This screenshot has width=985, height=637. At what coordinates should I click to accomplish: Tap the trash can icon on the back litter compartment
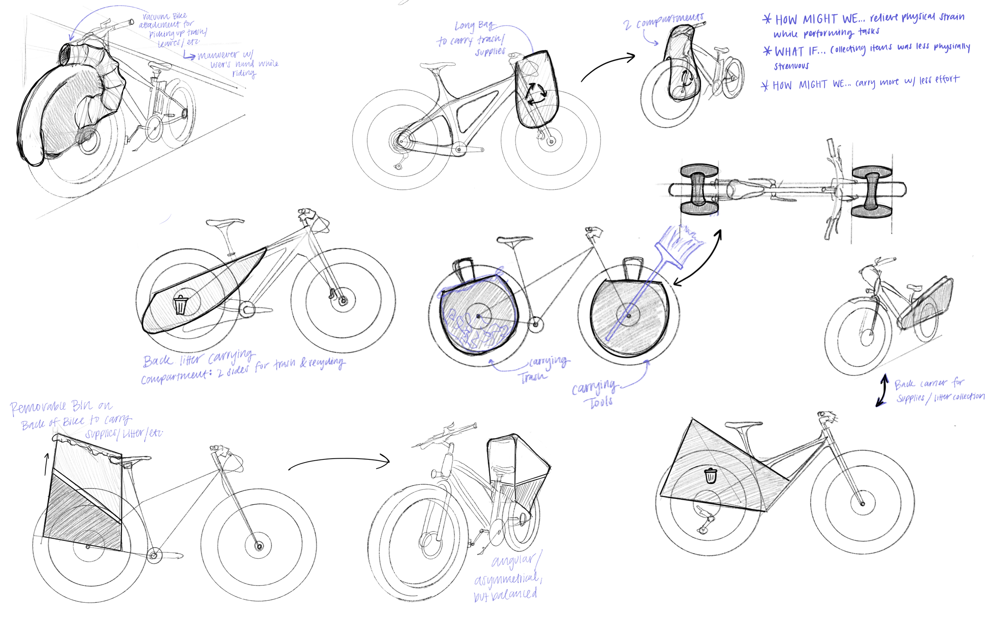click(x=180, y=305)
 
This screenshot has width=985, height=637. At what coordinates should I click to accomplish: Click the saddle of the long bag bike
click(x=437, y=66)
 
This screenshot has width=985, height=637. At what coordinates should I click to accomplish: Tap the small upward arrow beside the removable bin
click(x=46, y=463)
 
